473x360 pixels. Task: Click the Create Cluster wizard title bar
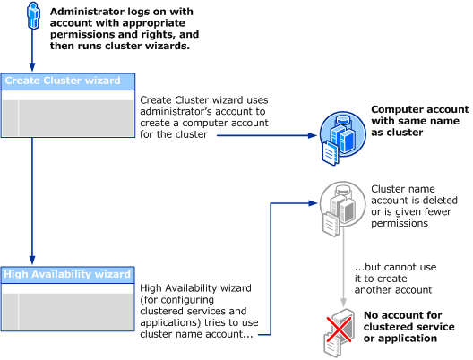(67, 81)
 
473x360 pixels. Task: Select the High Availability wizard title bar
(67, 274)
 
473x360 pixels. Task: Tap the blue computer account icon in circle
(338, 133)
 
